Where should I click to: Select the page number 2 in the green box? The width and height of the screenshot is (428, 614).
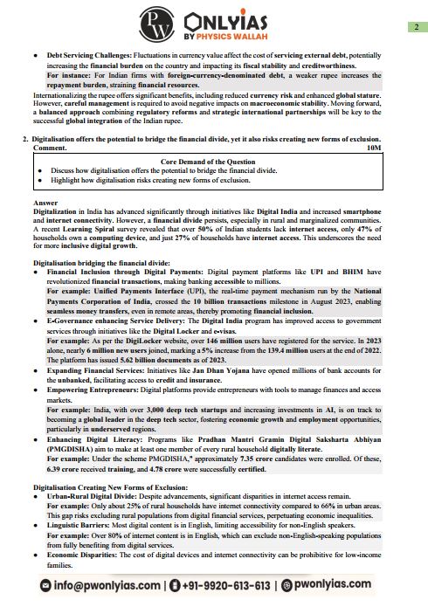coord(418,27)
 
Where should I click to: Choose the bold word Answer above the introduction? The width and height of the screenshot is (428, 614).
coord(45,203)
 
